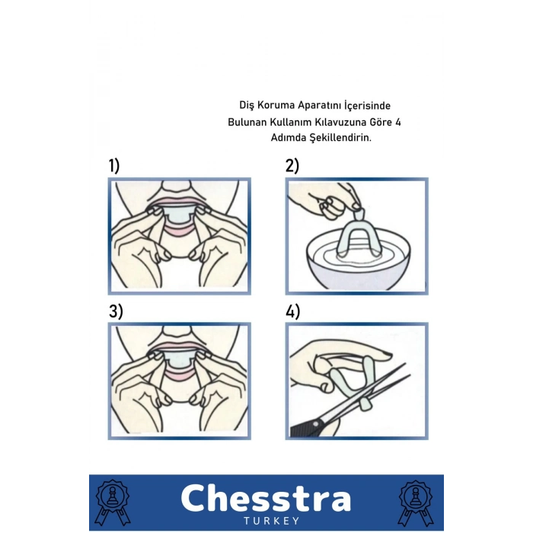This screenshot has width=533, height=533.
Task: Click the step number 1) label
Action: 114,166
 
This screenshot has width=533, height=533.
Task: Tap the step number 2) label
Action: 292,166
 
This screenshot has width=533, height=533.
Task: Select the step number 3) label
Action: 116,311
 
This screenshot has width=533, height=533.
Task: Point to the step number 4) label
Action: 292,311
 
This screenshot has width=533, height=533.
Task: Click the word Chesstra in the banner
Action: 266,498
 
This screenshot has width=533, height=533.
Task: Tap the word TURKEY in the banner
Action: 272,521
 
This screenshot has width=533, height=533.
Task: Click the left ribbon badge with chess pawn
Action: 113,503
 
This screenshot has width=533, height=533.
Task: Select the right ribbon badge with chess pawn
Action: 416,503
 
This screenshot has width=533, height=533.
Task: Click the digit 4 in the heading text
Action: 398,122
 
